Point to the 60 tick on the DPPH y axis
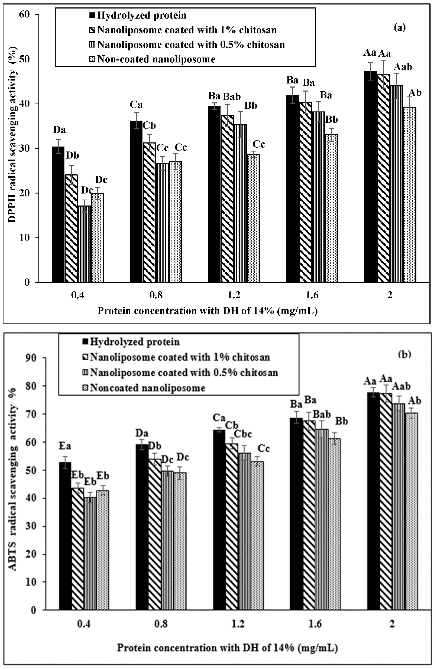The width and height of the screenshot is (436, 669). [25, 15]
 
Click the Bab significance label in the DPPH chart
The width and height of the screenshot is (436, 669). [232, 97]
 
